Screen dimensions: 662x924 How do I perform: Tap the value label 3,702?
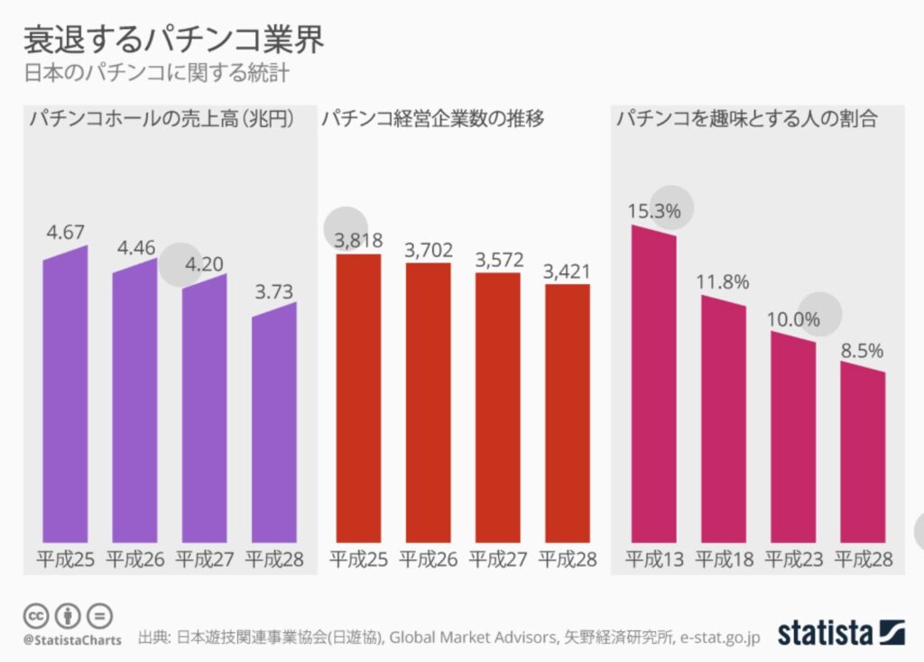pyautogui.click(x=429, y=250)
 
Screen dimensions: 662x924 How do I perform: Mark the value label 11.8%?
pyautogui.click(x=723, y=281)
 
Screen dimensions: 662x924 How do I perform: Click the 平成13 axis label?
pyautogui.click(x=654, y=559)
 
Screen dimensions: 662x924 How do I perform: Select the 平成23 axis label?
pyautogui.click(x=794, y=559)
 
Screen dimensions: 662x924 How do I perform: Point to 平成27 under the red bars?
pyautogui.click(x=498, y=559)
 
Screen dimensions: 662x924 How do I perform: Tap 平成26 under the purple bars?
pyautogui.click(x=135, y=559)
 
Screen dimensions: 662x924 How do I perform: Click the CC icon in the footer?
pyautogui.click(x=35, y=616)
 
